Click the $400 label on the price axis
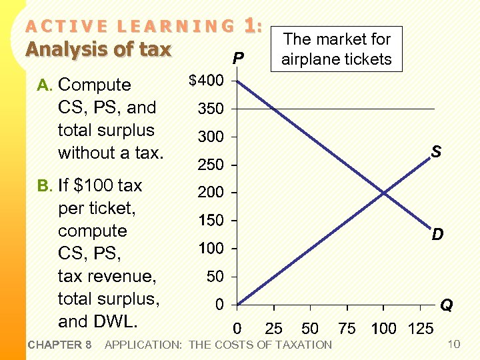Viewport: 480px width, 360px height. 206,81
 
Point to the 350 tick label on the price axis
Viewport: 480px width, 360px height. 210,109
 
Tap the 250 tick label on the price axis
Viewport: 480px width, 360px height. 210,165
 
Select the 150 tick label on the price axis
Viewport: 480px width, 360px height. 210,221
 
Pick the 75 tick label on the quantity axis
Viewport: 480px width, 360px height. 347,329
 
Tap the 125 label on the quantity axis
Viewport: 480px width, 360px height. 420,329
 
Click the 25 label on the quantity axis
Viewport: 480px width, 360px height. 273,329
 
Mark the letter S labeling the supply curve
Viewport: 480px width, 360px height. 435,153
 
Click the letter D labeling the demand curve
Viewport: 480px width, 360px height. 437,235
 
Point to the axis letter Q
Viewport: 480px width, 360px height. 447,305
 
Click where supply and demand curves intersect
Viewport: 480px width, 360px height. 384,193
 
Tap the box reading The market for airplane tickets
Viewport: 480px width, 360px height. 336,49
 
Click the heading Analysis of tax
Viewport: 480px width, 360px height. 99,50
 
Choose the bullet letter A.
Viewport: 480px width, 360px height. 44,85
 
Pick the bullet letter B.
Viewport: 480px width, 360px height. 44,185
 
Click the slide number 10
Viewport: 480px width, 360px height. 454,344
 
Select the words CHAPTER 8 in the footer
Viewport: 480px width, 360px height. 60,345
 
